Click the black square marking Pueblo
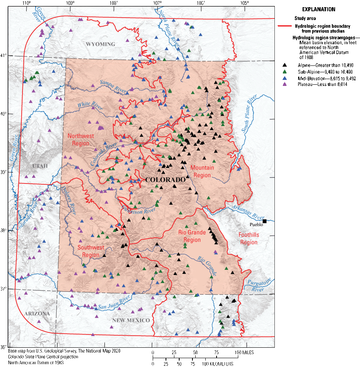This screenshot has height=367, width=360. coord(264,221)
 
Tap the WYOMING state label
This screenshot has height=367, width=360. coord(100,44)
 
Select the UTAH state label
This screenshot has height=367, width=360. coord(40,166)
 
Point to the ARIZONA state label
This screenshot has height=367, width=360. coord(37,314)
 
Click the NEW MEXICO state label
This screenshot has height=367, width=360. coord(131,320)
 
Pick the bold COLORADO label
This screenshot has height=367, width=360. coord(166,179)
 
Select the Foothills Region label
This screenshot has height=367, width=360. coord(249,239)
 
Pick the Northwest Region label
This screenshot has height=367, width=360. coord(81,139)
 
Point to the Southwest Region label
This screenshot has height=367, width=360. coord(91,251)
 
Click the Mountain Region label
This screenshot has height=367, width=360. coord(202,171)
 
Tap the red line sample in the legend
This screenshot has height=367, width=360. coord(284,26)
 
